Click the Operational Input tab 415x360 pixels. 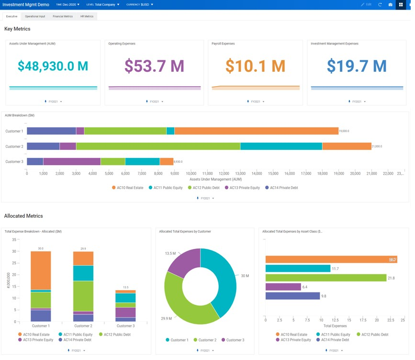pos(35,16)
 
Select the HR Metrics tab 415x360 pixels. pos(87,16)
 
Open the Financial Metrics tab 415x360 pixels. pos(63,16)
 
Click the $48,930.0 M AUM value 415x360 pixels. pos(53,66)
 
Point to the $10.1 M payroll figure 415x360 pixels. pos(255,66)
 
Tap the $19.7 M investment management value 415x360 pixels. pos(357,66)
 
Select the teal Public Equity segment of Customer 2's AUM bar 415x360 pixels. pos(281,146)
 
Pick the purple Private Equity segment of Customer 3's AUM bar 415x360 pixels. pos(72,162)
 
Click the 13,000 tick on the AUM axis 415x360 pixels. pos(240,174)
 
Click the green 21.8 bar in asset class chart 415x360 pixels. pos(325,278)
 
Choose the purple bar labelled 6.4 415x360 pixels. pos(283,287)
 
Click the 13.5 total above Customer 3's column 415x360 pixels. pos(125,287)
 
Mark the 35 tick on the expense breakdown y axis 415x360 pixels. pos(14,239)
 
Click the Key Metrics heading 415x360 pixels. pos(17,29)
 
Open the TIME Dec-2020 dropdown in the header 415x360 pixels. pos(67,4)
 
